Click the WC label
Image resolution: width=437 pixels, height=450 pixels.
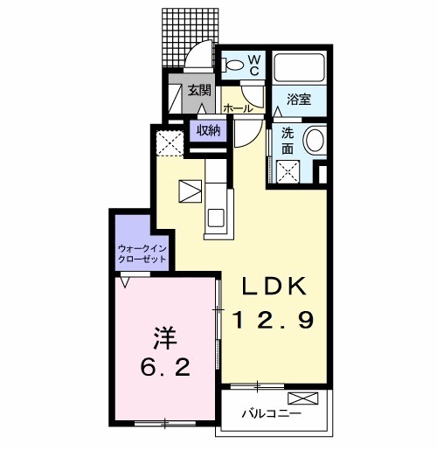(254, 66)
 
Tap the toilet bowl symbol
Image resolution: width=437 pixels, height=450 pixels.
(232, 65)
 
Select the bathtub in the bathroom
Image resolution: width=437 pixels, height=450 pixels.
(300, 67)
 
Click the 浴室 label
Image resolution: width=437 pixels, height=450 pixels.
(299, 100)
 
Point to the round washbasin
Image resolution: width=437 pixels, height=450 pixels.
(315, 139)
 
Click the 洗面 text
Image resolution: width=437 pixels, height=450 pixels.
(288, 142)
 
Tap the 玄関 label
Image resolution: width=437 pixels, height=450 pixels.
(198, 90)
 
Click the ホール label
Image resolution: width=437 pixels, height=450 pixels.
(238, 108)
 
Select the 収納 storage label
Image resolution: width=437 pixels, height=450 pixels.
(208, 131)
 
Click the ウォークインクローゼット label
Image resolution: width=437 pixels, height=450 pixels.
(142, 253)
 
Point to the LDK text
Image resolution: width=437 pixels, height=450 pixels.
(274, 286)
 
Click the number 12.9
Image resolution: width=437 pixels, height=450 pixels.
(274, 320)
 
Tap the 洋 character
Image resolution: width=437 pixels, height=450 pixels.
(165, 338)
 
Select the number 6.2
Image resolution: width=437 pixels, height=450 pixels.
(165, 367)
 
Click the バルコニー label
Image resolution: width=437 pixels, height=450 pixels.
(272, 413)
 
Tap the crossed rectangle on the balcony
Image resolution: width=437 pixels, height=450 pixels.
(303, 398)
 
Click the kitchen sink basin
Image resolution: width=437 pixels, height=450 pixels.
(216, 218)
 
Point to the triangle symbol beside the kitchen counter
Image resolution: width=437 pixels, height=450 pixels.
(191, 191)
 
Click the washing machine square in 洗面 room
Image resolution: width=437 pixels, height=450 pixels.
(288, 171)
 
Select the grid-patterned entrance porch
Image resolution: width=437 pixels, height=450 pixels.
(190, 38)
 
